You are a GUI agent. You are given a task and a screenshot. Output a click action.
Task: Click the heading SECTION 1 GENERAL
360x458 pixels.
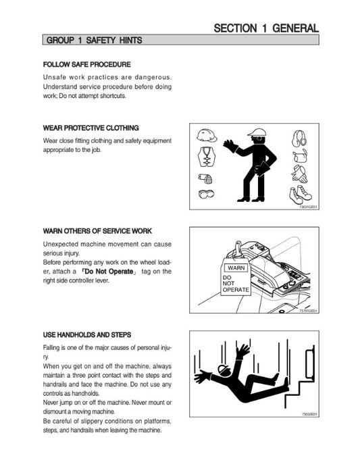click(x=266, y=28)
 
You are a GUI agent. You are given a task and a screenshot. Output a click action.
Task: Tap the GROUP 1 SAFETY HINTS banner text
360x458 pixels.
click(x=95, y=40)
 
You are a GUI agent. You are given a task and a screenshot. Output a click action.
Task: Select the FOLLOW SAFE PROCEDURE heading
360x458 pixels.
click(x=86, y=65)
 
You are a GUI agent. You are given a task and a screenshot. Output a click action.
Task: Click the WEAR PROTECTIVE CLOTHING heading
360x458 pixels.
click(x=91, y=128)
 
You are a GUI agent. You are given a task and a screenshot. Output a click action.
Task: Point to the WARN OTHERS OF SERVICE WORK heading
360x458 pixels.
click(x=97, y=231)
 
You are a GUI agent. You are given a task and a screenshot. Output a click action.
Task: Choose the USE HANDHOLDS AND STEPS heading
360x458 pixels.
click(x=87, y=335)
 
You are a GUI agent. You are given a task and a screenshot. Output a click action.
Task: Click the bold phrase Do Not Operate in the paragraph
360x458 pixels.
click(x=109, y=272)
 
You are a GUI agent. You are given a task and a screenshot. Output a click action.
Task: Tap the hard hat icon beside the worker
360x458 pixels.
click(x=207, y=136)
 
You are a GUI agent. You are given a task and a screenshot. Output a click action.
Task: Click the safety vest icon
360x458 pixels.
click(x=207, y=156)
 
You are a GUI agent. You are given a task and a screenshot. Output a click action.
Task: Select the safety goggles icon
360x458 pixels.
click(x=206, y=194)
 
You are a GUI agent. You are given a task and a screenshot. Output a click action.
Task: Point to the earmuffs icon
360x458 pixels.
click(x=299, y=138)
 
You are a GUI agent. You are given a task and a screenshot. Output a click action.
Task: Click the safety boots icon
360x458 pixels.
click(x=301, y=195)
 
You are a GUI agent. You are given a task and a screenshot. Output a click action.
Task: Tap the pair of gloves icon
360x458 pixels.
click(x=299, y=174)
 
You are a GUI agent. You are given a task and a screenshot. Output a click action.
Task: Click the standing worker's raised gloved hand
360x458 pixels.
click(x=231, y=145)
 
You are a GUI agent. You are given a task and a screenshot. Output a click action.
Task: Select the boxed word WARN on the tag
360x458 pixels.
click(x=236, y=268)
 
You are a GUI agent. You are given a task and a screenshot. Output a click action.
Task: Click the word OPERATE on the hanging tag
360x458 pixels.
click(x=236, y=290)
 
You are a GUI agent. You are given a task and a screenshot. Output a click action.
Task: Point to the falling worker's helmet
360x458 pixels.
click(x=224, y=370)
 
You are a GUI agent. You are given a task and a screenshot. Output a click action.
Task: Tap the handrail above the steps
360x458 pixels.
click(x=310, y=362)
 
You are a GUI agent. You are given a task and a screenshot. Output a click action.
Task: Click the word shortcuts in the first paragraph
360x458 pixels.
click(x=113, y=96)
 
